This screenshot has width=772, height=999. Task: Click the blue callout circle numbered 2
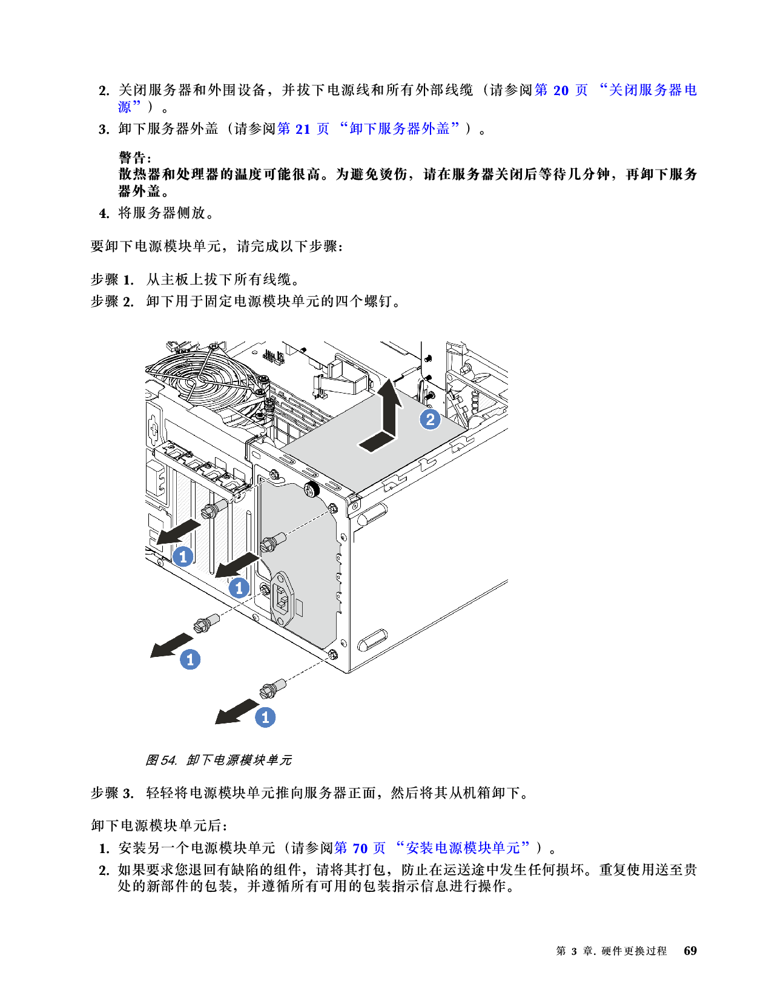pyautogui.click(x=430, y=419)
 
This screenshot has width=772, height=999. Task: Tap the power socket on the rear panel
pyautogui.click(x=283, y=599)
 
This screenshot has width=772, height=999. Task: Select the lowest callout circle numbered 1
pyautogui.click(x=265, y=717)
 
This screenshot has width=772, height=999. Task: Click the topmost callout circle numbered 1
pyautogui.click(x=183, y=556)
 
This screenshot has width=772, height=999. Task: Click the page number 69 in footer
pyautogui.click(x=690, y=951)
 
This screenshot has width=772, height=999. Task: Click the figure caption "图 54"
pyautogui.click(x=160, y=760)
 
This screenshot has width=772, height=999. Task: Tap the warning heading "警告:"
pyautogui.click(x=134, y=158)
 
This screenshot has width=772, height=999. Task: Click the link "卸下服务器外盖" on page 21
pyautogui.click(x=400, y=129)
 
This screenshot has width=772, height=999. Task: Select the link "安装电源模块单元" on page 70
pyautogui.click(x=463, y=848)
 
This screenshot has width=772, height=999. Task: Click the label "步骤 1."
pyautogui.click(x=112, y=280)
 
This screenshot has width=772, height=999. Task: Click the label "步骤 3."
pyautogui.click(x=112, y=793)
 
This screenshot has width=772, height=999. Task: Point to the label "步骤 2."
pyautogui.click(x=112, y=302)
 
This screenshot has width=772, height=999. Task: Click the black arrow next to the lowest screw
pyautogui.click(x=236, y=712)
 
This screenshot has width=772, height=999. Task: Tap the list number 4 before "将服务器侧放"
pyautogui.click(x=104, y=213)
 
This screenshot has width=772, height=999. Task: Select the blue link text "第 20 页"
pyautogui.click(x=561, y=90)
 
